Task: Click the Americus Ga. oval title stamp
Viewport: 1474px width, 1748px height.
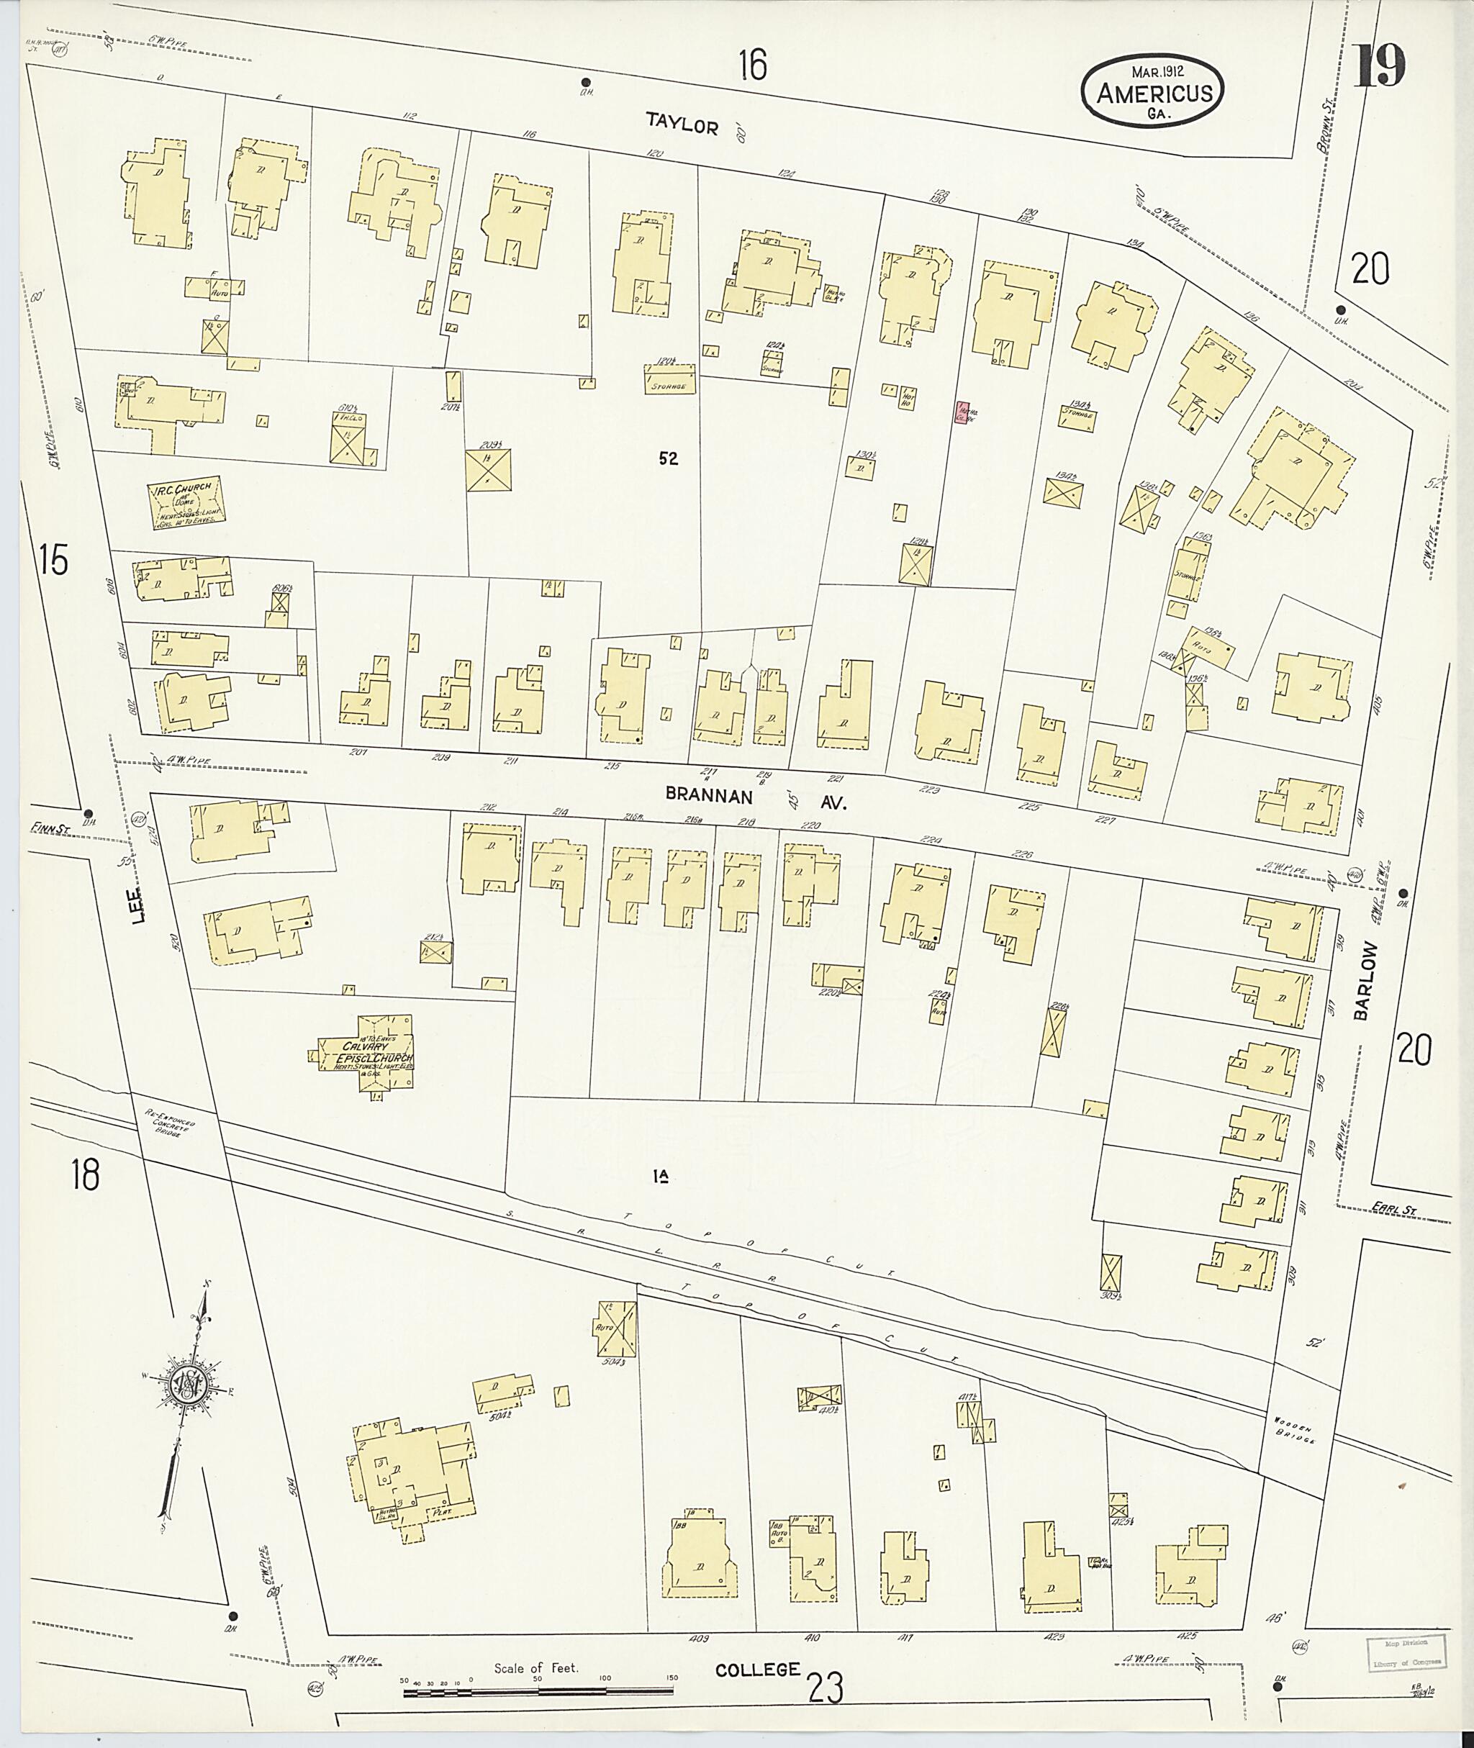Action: [1153, 92]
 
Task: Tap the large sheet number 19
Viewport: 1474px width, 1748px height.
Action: [1380, 66]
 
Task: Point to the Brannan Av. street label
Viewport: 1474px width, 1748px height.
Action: [756, 799]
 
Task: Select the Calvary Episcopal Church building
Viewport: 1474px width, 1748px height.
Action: [367, 1054]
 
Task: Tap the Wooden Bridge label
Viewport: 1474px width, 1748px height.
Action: [1294, 1431]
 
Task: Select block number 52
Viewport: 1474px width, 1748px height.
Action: [668, 458]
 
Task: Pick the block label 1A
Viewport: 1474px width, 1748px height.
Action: [662, 1177]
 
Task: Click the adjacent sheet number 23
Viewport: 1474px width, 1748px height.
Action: [825, 1687]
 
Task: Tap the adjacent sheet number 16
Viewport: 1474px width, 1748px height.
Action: [752, 65]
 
